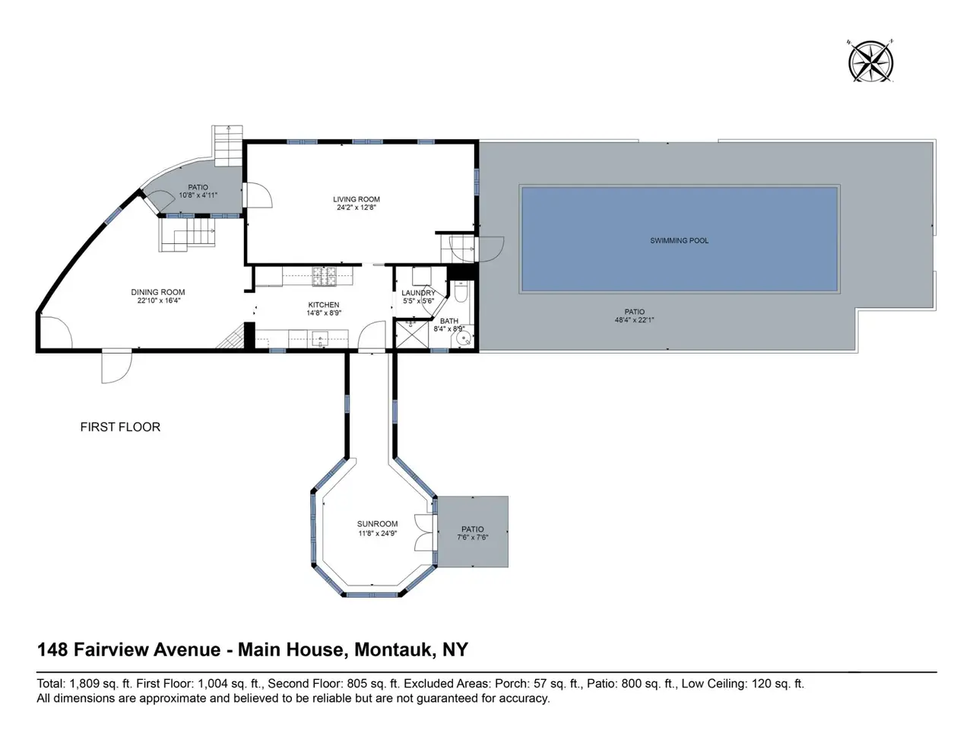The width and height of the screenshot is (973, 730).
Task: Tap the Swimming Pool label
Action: tap(679, 241)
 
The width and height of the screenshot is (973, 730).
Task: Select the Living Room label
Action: tap(357, 199)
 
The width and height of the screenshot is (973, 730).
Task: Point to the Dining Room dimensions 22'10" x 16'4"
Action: tap(158, 300)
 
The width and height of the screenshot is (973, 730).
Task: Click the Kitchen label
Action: tap(324, 305)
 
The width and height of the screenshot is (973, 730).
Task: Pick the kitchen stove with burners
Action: tap(325, 277)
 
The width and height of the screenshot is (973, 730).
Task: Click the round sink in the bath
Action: tap(463, 339)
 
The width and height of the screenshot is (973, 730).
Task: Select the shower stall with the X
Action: tap(412, 335)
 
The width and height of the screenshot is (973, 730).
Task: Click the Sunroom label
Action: tap(377, 524)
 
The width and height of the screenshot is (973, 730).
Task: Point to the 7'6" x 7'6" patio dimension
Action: tap(473, 537)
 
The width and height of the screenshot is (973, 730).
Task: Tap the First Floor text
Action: tap(120, 427)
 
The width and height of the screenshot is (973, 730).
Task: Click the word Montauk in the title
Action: tap(392, 649)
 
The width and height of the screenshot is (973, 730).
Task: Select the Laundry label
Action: tap(418, 293)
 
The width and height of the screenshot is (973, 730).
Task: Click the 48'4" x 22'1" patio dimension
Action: tap(634, 319)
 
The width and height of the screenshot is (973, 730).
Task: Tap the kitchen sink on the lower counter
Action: tap(319, 339)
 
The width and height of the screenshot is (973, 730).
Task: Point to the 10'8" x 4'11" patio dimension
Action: tap(198, 195)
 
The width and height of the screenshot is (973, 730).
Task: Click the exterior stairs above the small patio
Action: tap(228, 146)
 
